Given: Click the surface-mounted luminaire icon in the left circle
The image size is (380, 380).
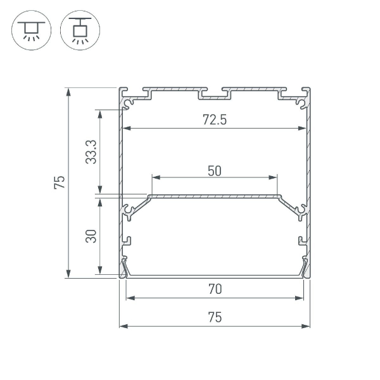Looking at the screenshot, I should click(29, 30).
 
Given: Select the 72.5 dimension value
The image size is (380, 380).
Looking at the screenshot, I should click(214, 120).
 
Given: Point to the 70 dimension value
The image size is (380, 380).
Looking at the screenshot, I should click(215, 289).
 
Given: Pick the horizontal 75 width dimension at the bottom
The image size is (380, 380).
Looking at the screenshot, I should click(215, 318).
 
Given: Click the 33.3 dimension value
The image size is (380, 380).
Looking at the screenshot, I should click(91, 152).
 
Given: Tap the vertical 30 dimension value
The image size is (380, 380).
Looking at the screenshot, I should click(91, 236).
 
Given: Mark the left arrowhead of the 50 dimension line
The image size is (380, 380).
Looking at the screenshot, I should click(152, 177).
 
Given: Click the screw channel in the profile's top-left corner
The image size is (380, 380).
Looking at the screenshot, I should click(129, 100).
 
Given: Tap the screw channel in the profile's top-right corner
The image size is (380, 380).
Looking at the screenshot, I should click(301, 100).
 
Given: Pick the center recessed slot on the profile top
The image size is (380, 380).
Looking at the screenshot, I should click(215, 96).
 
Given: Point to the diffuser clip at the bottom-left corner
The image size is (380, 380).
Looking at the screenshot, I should click(125, 267).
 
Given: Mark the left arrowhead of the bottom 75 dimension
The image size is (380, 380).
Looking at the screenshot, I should click(123, 327).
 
